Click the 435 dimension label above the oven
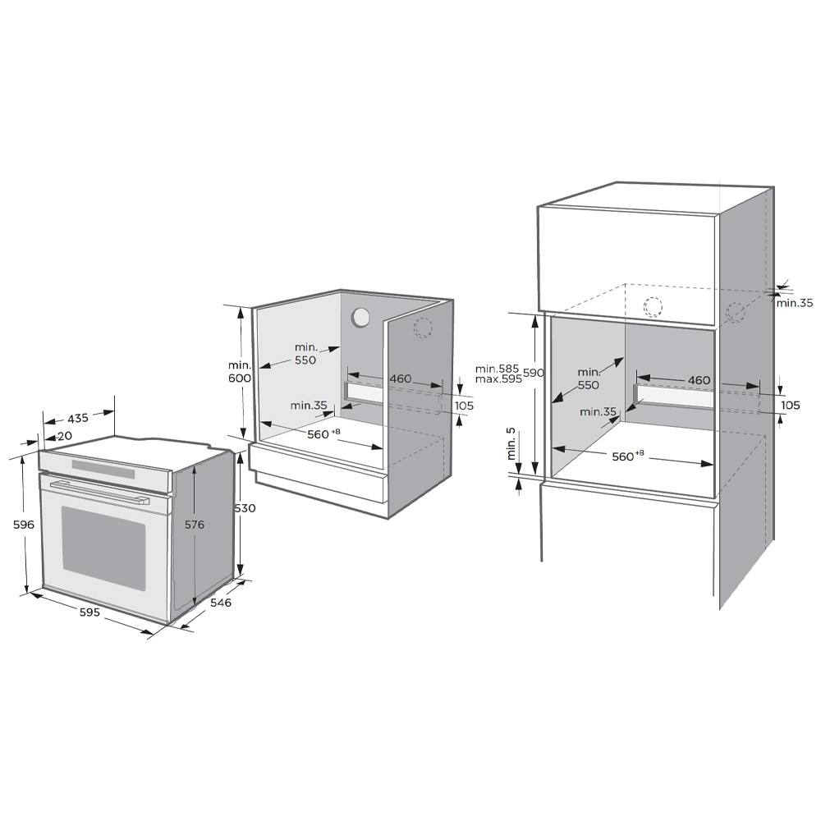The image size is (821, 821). [x=78, y=418]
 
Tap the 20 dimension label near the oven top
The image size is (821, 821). [x=65, y=436]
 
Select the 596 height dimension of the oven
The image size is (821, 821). [x=24, y=524]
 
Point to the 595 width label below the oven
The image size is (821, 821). [x=89, y=612]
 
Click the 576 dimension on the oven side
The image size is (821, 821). [x=195, y=524]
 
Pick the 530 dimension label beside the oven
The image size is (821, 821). [x=245, y=508]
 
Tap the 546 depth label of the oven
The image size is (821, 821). [x=221, y=603]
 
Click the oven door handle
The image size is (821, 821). [x=99, y=492]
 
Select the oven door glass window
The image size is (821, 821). [x=103, y=540]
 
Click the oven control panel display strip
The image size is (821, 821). [x=103, y=469]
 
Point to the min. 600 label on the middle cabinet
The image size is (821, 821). [x=240, y=371]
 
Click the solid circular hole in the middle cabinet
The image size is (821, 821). [x=360, y=317]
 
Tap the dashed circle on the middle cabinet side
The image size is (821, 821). [x=423, y=328]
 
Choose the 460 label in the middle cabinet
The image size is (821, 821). [x=401, y=378]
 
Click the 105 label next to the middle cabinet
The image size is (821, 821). [x=464, y=406]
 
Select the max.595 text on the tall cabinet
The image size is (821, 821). [x=498, y=378]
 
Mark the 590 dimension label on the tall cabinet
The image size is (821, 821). [x=534, y=373]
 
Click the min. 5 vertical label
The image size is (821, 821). [x=511, y=444]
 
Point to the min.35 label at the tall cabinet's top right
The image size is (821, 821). [x=795, y=303]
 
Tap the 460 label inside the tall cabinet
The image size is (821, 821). [x=699, y=380]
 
